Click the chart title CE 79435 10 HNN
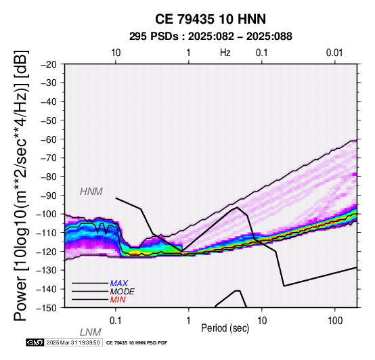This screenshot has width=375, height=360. [x=211, y=19]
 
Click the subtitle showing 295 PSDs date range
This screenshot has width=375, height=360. [x=211, y=37]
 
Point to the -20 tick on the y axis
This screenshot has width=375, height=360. [x=49, y=64]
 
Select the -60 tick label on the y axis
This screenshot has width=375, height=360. [x=49, y=139]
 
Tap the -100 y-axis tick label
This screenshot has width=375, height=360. [x=47, y=214]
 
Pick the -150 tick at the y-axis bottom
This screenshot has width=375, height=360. [x=47, y=308]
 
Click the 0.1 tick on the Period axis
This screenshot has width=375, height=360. [x=115, y=321]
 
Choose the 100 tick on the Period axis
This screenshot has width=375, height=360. [x=335, y=321]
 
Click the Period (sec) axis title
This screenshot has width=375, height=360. [x=225, y=328]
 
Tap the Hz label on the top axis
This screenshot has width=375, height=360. [x=225, y=53]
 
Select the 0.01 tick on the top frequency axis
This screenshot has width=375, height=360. [x=334, y=53]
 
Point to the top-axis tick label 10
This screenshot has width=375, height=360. [x=116, y=53]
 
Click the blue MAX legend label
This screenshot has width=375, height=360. [x=119, y=284]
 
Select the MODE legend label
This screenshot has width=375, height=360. [x=123, y=292]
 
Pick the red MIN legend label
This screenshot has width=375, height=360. [x=118, y=300]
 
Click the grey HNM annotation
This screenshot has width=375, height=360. [x=91, y=192]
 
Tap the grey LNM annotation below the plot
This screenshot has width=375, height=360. [x=91, y=332]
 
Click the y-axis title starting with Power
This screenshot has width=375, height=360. [x=21, y=185]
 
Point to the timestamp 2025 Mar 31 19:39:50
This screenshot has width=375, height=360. [x=73, y=342]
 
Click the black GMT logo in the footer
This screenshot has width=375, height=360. [x=35, y=342]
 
